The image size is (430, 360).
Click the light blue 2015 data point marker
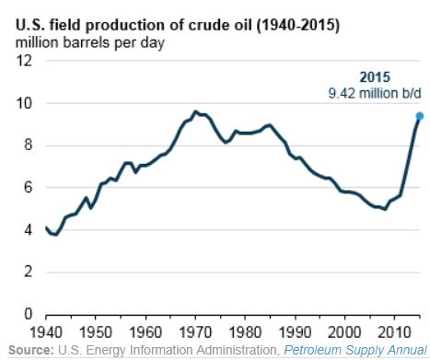pyautogui.click(x=419, y=116)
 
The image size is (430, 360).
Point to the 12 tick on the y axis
pyautogui.click(x=26, y=61)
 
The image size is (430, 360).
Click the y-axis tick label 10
pyautogui.click(x=26, y=103)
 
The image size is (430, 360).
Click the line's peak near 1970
pyautogui.click(x=194, y=111)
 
